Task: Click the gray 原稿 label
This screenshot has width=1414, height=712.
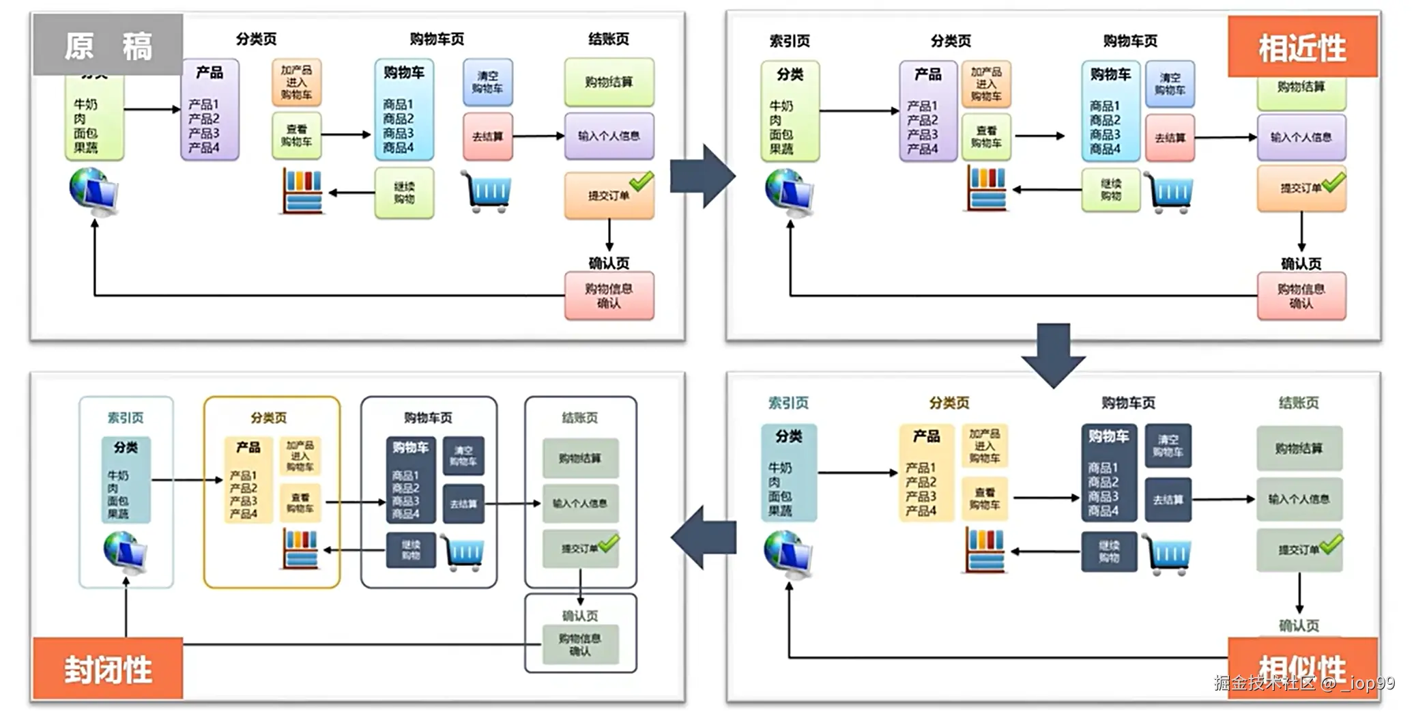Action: pyautogui.click(x=108, y=45)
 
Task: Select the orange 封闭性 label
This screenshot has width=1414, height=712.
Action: pyautogui.click(x=108, y=668)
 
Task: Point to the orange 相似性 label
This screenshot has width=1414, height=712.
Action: pyautogui.click(x=1302, y=668)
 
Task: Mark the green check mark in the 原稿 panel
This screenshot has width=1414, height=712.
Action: pyautogui.click(x=641, y=181)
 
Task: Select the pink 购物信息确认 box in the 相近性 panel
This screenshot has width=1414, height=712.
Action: pyautogui.click(x=1301, y=296)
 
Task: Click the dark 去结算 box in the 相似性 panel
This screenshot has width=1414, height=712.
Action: pyautogui.click(x=1168, y=500)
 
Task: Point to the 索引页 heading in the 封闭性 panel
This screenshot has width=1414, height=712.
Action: pyautogui.click(x=126, y=417)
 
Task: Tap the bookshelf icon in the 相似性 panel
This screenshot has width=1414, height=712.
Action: pyautogui.click(x=985, y=550)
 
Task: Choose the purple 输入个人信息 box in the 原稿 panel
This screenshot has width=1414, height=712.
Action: pyautogui.click(x=609, y=136)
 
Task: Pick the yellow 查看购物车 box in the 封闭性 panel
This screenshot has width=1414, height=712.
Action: pyautogui.click(x=300, y=503)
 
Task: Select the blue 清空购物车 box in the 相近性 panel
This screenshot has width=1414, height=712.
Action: pyautogui.click(x=1169, y=84)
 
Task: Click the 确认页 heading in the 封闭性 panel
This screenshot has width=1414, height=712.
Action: pyautogui.click(x=580, y=616)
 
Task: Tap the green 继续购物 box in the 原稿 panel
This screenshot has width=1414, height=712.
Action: pyautogui.click(x=404, y=193)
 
